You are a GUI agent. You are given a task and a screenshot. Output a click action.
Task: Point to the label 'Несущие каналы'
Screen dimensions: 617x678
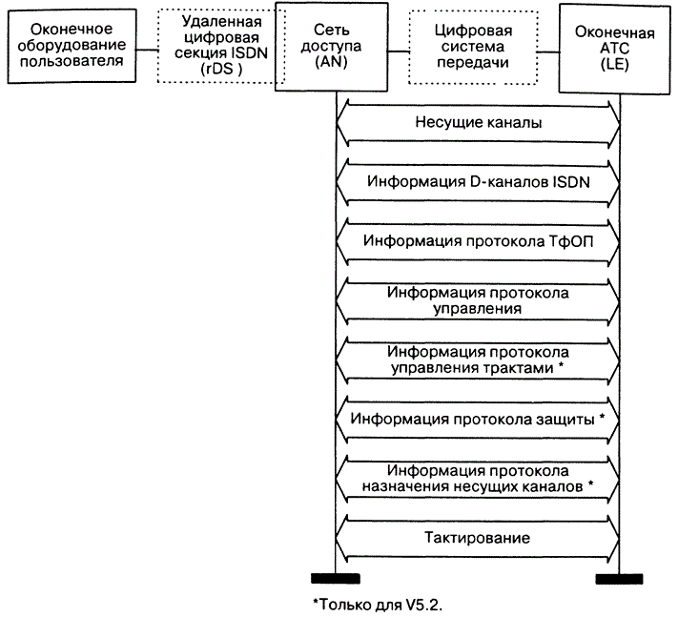point(479,123)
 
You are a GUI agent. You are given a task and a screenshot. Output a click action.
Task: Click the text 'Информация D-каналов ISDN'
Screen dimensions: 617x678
point(479,182)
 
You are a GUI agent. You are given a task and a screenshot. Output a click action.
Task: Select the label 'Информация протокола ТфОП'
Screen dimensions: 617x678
point(479,240)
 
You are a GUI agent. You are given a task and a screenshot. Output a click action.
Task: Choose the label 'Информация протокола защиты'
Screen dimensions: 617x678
point(480,419)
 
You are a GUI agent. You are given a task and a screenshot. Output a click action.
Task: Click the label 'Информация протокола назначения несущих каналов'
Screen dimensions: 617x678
point(479,478)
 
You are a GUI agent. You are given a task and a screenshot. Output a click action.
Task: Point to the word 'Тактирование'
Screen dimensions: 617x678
point(478,538)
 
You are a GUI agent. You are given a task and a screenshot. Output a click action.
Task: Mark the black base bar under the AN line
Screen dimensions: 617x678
point(336,578)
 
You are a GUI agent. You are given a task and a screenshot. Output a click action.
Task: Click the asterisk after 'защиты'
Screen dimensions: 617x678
point(603,417)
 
